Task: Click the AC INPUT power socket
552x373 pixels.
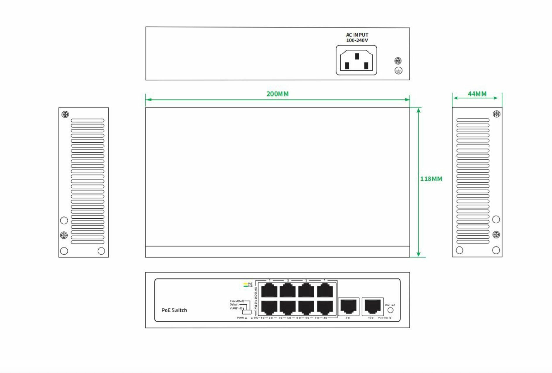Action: pos(356,60)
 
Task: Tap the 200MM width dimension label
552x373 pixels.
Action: pos(277,94)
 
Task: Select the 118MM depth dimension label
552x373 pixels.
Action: pos(431,179)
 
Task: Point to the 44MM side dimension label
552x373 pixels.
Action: pos(477,94)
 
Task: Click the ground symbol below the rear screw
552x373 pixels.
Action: pos(398,70)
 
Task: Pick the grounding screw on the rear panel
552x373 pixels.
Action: pos(398,61)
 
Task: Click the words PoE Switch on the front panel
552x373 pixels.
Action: pos(174,310)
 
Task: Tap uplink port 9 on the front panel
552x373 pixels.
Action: pos(348,306)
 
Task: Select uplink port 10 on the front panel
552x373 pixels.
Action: pos(372,306)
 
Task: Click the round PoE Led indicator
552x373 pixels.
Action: pos(390,310)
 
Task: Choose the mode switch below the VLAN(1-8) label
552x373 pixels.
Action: pos(247,312)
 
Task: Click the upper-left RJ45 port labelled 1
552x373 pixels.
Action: pos(269,290)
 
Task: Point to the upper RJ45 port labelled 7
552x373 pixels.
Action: pos(325,290)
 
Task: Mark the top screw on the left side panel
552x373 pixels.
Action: pos(65,114)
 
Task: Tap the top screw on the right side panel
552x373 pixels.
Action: pos(496,114)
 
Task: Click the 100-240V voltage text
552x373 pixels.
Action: pos(357,40)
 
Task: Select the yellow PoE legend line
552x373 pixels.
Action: pos(245,284)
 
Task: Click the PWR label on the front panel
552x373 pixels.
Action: pos(240,318)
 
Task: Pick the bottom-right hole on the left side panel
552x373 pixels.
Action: pos(101,251)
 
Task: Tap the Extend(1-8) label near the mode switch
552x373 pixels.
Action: pos(236,301)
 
